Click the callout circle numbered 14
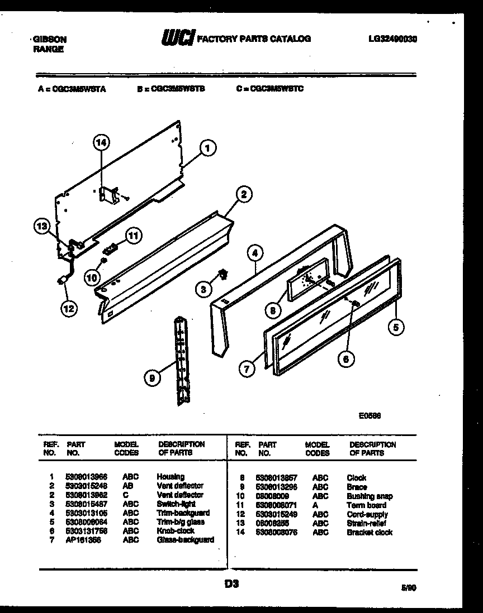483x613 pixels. pos(101,143)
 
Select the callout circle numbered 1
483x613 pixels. pos(207,149)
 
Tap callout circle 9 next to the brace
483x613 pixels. pos(151,379)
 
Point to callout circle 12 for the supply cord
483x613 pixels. pos(70,308)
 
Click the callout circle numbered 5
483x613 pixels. pos(395,328)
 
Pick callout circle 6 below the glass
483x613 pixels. pos(345,360)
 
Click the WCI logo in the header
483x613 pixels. pos(177,38)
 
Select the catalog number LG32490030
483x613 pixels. pos(394,39)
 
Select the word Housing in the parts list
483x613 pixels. pos(171,477)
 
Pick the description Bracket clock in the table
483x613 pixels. pos(370,533)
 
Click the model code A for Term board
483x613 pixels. pos(315,505)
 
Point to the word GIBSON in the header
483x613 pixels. pos(50,40)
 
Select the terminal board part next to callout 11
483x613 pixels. pos(112,246)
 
